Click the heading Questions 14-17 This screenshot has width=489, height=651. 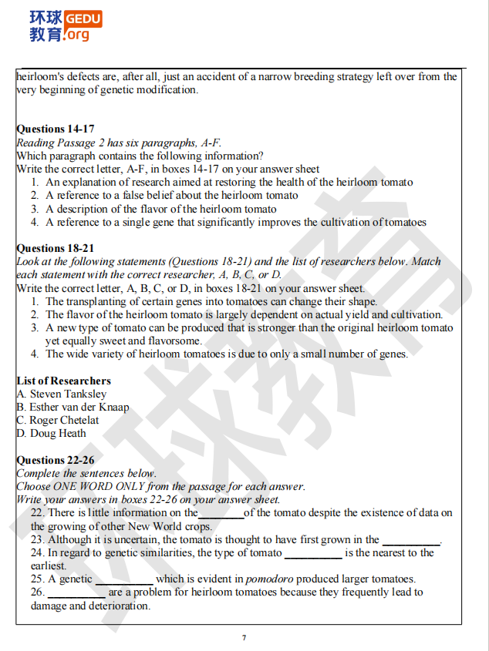(x=56, y=129)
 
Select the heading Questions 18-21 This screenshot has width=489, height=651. (x=56, y=249)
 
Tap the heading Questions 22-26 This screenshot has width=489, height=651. (x=56, y=461)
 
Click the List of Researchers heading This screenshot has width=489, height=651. (x=63, y=381)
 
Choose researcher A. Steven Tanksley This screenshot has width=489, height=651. (x=62, y=394)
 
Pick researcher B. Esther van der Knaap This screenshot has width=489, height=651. (x=73, y=408)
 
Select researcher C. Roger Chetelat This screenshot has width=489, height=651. (x=58, y=421)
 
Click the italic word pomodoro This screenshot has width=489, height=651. (x=271, y=579)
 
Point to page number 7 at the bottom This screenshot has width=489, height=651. (x=244, y=638)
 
